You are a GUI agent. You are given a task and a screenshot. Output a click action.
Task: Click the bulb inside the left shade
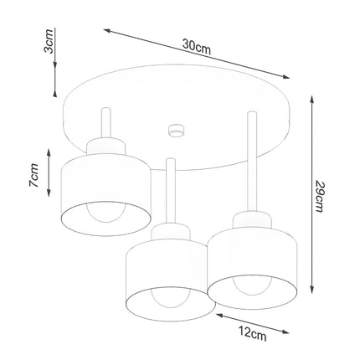coord(106,216)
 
